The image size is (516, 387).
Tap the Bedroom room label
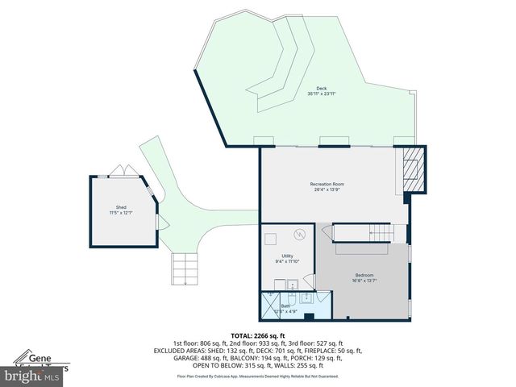click(x=364, y=274)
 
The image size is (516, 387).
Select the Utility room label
click(x=286, y=256)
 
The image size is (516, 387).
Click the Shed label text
click(x=121, y=206)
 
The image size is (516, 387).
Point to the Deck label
click(x=321, y=89)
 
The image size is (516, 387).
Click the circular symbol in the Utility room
click(x=299, y=235)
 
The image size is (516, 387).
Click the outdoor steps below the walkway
click(x=185, y=268)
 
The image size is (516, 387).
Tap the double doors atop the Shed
click(x=119, y=172)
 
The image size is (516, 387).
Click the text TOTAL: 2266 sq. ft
click(x=258, y=335)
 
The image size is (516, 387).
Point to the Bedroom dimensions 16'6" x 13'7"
click(x=364, y=281)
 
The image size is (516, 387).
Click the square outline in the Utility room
click(x=272, y=239)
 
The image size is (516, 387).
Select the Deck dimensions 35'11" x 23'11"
click(x=321, y=94)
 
